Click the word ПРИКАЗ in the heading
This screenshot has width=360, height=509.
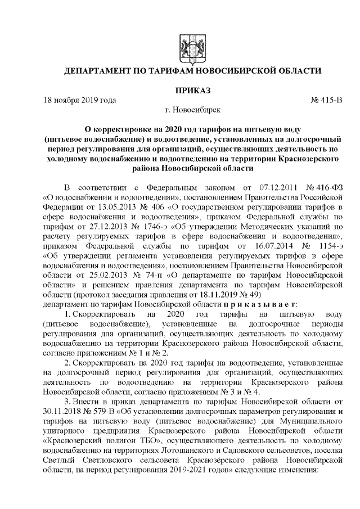pos(191,90)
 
